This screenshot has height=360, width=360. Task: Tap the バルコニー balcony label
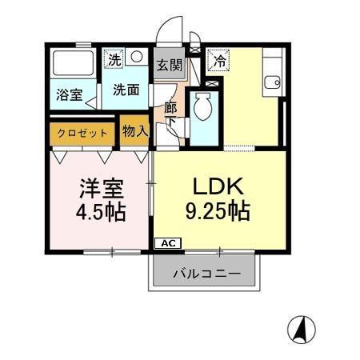coord(206,274)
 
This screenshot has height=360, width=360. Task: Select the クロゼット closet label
coord(83,132)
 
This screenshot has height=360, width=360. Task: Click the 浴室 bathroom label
coord(67,94)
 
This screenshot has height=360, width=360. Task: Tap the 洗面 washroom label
coord(126,90)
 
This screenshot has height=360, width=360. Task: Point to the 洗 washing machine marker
coord(114,58)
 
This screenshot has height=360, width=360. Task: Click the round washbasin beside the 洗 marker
coord(136,58)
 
